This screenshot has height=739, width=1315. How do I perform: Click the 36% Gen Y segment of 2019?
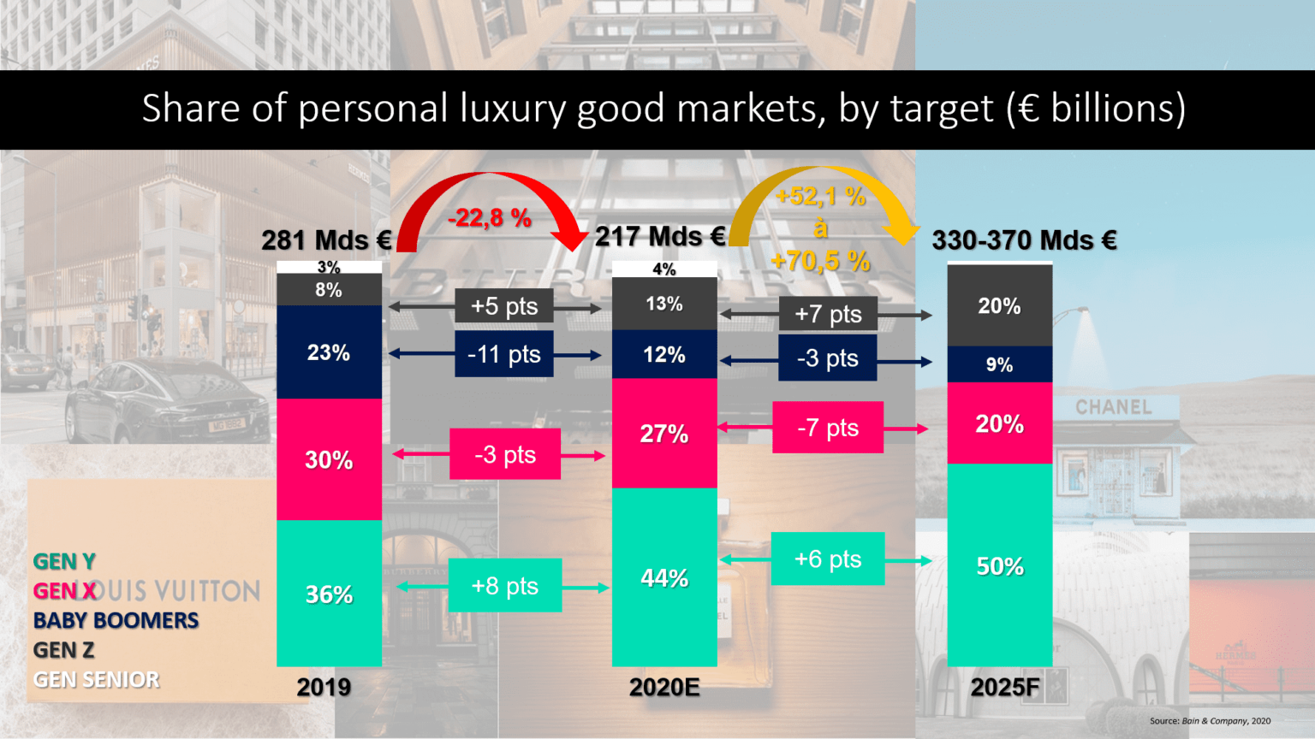(x=329, y=594)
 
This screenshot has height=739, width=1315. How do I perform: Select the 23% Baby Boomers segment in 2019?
(x=329, y=352)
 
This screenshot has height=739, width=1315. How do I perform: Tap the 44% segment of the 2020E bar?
(x=664, y=578)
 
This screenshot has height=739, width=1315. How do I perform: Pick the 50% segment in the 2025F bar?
(x=999, y=565)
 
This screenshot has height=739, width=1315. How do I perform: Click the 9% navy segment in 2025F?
(x=999, y=364)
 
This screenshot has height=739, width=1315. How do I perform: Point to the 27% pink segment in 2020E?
(x=664, y=434)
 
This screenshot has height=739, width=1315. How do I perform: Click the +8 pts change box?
(x=505, y=586)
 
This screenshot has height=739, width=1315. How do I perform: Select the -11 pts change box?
(x=504, y=354)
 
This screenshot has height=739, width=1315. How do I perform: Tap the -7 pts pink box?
(x=828, y=428)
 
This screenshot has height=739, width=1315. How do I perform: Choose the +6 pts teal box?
(x=828, y=559)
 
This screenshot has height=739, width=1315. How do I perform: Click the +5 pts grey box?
(x=504, y=306)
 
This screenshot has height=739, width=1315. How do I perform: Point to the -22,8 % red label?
(x=490, y=218)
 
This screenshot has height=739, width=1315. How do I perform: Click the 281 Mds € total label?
(x=326, y=240)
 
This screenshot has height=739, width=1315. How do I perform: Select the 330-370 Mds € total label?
(x=1024, y=240)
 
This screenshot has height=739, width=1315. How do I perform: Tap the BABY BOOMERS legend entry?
(x=116, y=620)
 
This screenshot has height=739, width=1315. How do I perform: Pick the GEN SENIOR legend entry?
(x=96, y=680)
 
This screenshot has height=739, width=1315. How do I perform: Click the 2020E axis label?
(x=664, y=687)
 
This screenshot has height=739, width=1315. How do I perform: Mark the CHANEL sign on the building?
(x=1114, y=407)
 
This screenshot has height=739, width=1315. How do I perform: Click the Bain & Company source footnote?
(x=1210, y=721)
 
